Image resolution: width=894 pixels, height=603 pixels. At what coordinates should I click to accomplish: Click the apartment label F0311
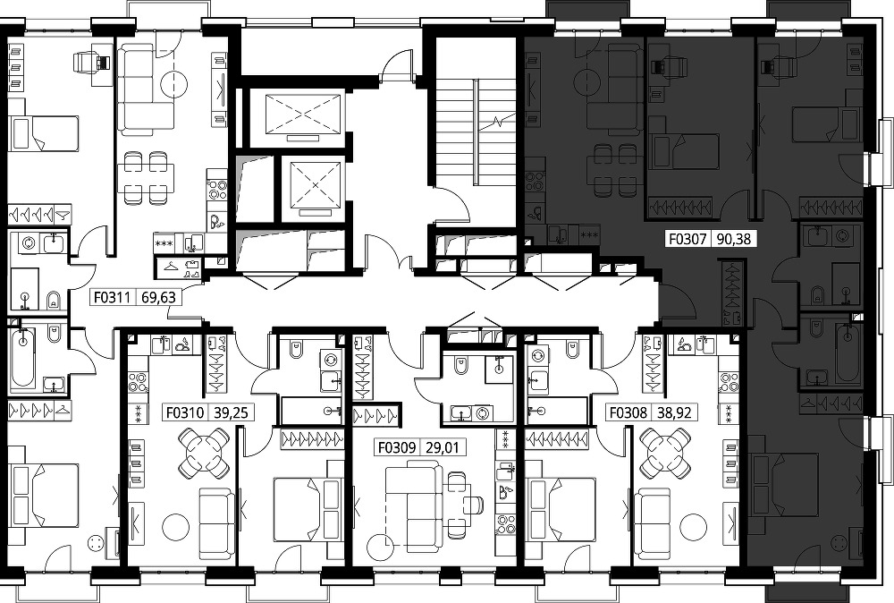point(113,297)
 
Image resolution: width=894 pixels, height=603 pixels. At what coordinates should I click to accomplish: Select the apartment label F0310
point(185,412)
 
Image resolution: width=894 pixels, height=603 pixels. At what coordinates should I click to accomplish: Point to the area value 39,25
point(231,412)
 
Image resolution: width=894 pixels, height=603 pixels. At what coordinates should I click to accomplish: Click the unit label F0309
point(397,447)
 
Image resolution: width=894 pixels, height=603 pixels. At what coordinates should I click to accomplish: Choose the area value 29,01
point(443,447)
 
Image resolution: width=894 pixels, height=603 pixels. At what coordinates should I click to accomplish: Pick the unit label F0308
point(628,412)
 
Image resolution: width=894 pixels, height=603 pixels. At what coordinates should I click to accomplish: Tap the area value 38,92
point(674,412)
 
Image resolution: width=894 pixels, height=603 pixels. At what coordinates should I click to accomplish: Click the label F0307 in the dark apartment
point(687,238)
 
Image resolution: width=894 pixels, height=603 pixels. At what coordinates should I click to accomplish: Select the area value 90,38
point(734,238)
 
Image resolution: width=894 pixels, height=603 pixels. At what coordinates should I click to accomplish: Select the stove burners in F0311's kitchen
point(216,190)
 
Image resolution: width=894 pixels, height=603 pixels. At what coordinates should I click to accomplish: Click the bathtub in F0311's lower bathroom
point(22,357)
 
